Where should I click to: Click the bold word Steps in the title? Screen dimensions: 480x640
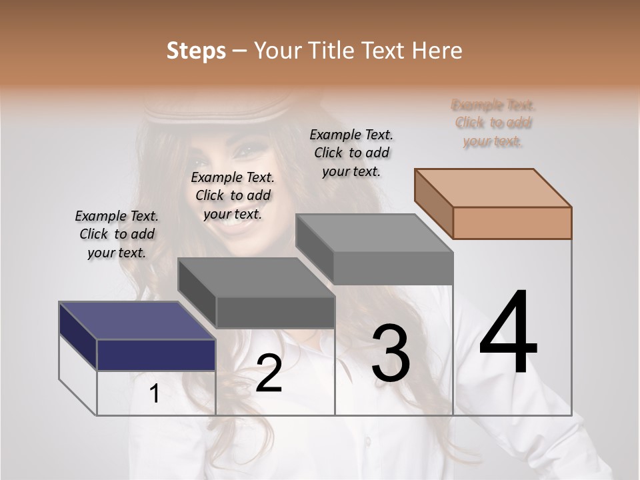(195, 51)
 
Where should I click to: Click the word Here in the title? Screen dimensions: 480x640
(437, 51)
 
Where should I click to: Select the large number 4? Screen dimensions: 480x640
(508, 333)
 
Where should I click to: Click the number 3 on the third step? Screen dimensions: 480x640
(391, 353)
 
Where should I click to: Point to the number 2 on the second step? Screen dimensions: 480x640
(269, 373)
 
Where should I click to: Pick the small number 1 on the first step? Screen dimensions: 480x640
(154, 394)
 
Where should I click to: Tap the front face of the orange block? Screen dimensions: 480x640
(512, 223)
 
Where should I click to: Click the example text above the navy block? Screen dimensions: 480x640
(117, 234)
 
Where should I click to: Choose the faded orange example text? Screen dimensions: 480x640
(493, 123)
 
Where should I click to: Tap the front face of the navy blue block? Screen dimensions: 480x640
(156, 355)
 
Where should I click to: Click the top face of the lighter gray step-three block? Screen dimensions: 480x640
(373, 233)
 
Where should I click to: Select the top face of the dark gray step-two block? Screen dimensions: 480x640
(256, 277)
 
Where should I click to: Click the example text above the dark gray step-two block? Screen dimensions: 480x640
(233, 195)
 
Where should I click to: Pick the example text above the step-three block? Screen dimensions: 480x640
(351, 153)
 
